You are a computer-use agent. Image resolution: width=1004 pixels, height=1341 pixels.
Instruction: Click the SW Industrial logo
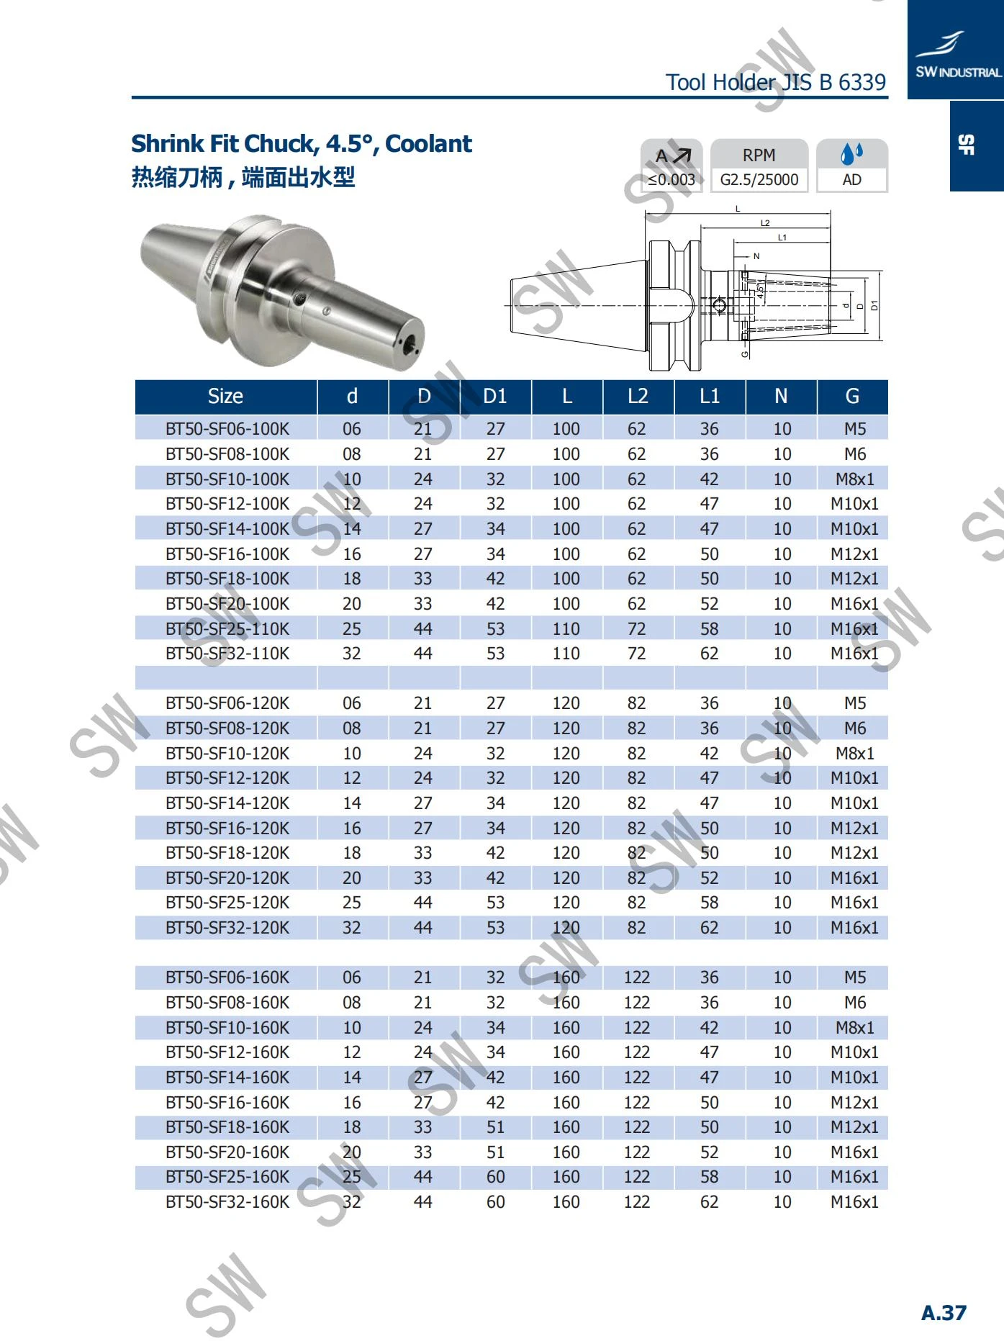click(x=956, y=55)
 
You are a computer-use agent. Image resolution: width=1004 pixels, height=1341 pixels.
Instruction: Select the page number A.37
click(x=944, y=1312)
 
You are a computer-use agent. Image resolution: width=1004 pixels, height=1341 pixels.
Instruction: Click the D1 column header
click(x=495, y=396)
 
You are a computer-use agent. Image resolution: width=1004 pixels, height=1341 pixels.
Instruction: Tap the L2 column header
click(x=638, y=396)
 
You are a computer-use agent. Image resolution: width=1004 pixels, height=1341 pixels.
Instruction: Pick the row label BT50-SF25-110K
click(x=227, y=629)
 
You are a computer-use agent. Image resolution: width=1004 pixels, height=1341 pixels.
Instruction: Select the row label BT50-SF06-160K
click(x=227, y=977)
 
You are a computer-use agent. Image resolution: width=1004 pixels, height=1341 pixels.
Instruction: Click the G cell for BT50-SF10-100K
click(x=855, y=479)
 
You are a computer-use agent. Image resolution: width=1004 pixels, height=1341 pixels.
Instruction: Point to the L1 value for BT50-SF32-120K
click(x=710, y=928)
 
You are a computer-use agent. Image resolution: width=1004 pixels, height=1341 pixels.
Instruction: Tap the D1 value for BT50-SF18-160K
click(x=495, y=1127)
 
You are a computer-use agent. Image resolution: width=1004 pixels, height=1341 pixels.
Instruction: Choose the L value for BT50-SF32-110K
click(x=566, y=654)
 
